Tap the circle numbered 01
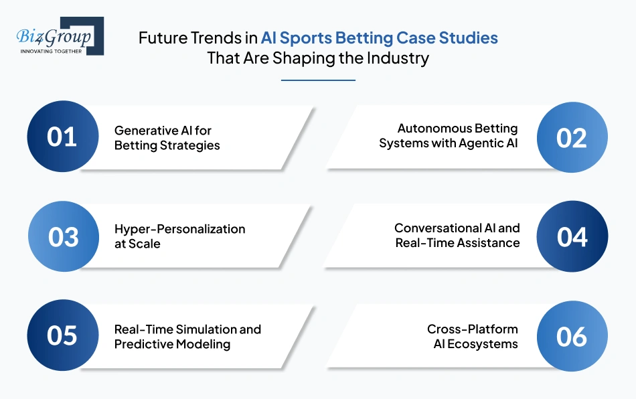62,137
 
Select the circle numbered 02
572,137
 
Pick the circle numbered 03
63,237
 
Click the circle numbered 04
572,237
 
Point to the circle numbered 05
62,335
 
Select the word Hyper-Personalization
179,229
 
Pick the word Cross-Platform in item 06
473,329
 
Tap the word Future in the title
160,37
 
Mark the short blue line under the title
317,80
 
